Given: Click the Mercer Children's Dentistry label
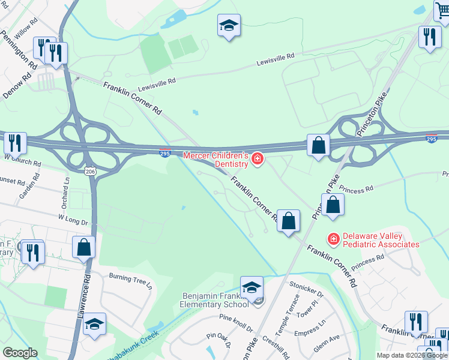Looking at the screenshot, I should point(215,159).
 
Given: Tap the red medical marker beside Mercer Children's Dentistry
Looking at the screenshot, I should point(258,158).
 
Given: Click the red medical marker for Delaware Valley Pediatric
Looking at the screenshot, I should point(333,239).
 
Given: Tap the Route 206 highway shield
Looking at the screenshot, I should point(90,171).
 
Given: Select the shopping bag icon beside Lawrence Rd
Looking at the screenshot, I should point(84,247).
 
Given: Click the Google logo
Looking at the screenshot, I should point(20,353).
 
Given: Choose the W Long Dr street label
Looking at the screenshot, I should point(73,220).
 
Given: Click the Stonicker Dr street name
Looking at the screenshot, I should point(306,291).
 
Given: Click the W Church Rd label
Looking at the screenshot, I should point(22,160).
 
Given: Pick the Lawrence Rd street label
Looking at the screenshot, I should point(86,291).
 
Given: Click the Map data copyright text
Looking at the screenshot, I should point(412,355).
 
